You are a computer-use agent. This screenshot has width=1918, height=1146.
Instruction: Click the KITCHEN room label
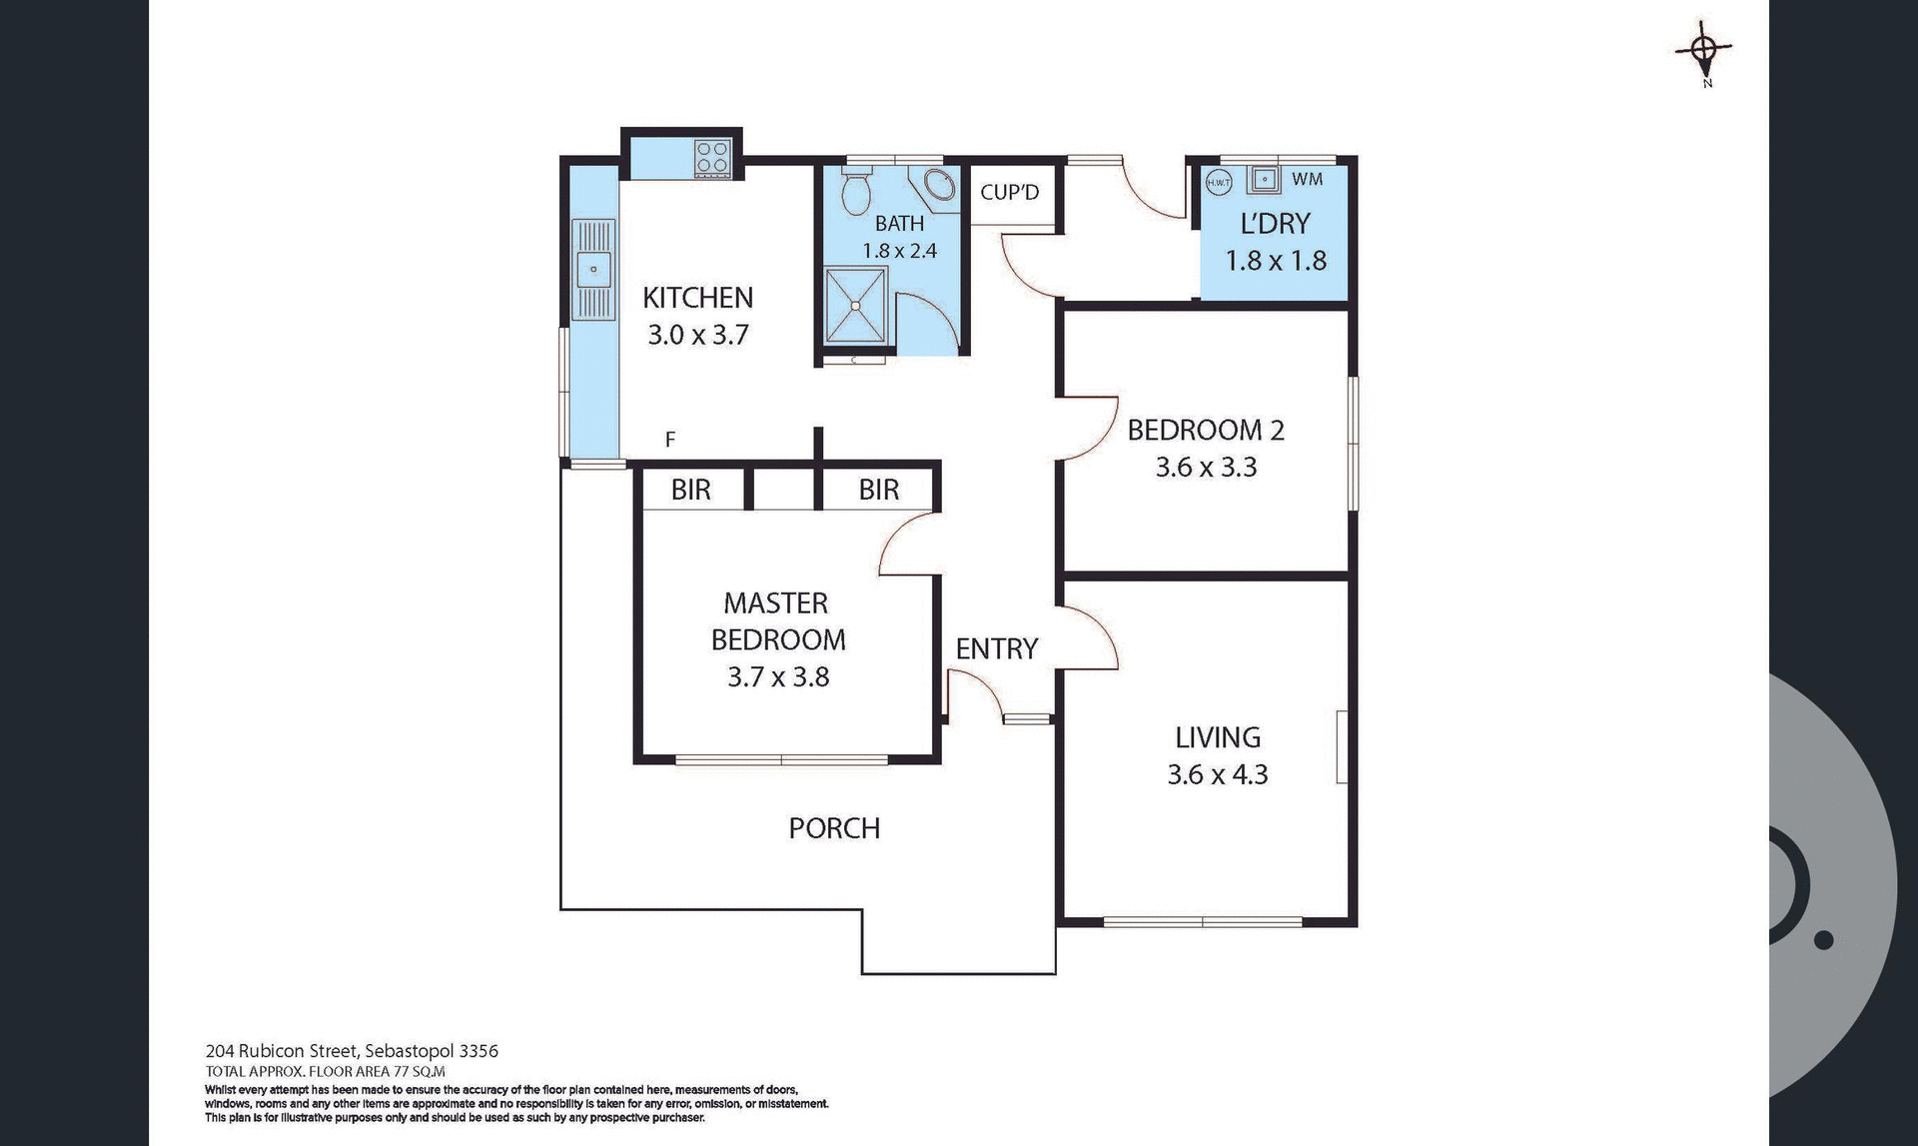(x=697, y=298)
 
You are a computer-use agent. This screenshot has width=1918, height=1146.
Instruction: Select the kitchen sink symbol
(x=593, y=270)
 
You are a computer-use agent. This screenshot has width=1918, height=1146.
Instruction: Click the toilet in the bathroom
(x=855, y=193)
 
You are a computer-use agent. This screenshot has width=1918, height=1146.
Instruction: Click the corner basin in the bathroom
(x=937, y=187)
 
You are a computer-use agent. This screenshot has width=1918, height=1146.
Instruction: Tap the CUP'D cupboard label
(x=1009, y=192)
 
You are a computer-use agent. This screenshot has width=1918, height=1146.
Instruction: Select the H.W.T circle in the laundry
(x=1218, y=182)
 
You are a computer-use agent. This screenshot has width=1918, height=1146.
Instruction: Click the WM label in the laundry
(x=1307, y=179)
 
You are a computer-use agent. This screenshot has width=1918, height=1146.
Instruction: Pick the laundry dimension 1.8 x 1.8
(x=1276, y=261)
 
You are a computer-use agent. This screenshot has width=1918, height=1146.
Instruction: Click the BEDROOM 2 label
(x=1206, y=431)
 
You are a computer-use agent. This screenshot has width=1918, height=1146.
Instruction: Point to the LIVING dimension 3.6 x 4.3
(x=1217, y=774)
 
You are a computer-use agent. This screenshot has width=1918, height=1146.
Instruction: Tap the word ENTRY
(x=996, y=649)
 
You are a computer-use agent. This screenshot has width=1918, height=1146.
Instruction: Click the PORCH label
(x=834, y=828)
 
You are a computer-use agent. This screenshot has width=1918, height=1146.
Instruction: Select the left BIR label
(x=690, y=490)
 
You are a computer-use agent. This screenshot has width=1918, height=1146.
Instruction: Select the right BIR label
(x=878, y=490)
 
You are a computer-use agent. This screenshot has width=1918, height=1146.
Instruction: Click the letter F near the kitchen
(x=670, y=439)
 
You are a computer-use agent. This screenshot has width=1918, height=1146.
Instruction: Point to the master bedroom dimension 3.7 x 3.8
(x=778, y=677)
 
